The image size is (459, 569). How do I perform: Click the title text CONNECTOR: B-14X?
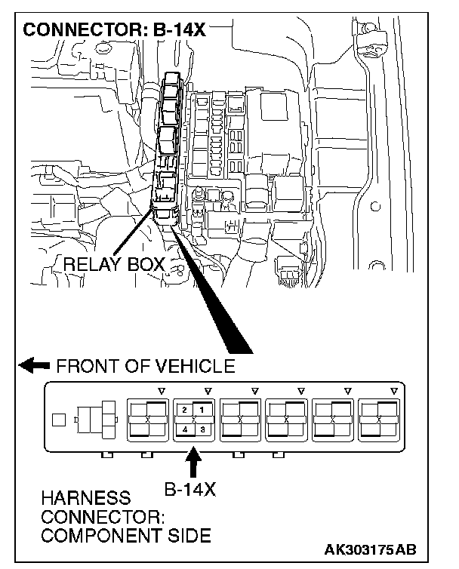pyautogui.click(x=114, y=31)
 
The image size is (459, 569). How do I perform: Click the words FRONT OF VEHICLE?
pyautogui.click(x=146, y=367)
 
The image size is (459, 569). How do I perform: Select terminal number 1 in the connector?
pyautogui.click(x=202, y=409)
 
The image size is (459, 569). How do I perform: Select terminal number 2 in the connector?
pyautogui.click(x=184, y=409)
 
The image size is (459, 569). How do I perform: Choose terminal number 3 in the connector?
pyautogui.click(x=202, y=429)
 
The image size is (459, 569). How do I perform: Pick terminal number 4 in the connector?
pyautogui.click(x=184, y=429)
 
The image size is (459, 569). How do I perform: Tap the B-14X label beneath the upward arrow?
pyautogui.click(x=190, y=489)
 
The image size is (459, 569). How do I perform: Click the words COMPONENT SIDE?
pyautogui.click(x=126, y=537)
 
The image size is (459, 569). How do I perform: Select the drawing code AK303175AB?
pyautogui.click(x=373, y=549)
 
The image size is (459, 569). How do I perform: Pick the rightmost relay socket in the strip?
pyautogui.click(x=379, y=419)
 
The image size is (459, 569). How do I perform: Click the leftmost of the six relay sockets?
pyautogui.click(x=147, y=419)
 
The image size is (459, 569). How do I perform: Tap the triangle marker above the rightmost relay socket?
pyautogui.click(x=393, y=390)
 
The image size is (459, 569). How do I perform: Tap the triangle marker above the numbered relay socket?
pyautogui.click(x=208, y=390)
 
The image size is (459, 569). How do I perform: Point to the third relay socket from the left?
pyautogui.click(x=240, y=419)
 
